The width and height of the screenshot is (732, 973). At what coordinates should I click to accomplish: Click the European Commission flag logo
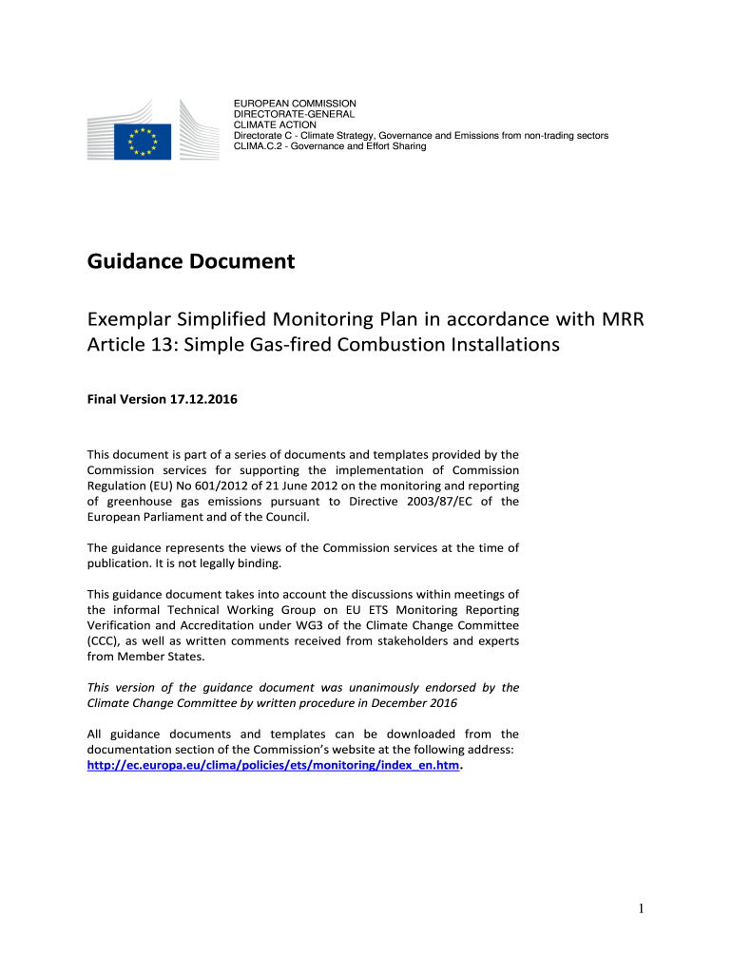[x=143, y=143]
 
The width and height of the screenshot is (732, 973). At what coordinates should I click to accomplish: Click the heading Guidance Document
[x=191, y=261]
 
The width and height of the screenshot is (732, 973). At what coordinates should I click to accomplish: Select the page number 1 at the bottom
[x=642, y=909]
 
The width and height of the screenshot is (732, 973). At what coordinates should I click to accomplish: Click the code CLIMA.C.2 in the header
[x=260, y=146]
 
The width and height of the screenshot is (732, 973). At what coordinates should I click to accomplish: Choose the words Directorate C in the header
[x=262, y=136]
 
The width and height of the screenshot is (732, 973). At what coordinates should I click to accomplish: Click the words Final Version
[x=125, y=400]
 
